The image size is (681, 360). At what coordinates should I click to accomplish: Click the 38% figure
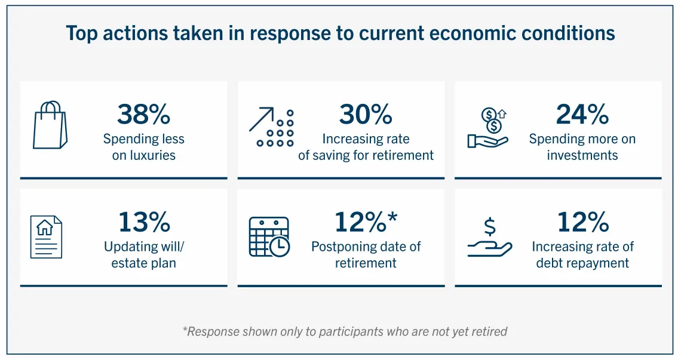click(x=143, y=114)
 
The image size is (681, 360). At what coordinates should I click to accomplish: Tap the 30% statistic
click(x=366, y=114)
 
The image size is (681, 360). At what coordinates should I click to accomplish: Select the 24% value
click(x=582, y=114)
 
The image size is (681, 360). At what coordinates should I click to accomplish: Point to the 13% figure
click(x=143, y=222)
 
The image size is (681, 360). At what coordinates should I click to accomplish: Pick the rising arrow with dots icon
click(x=271, y=128)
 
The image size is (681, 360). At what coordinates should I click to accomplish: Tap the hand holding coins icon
click(x=487, y=128)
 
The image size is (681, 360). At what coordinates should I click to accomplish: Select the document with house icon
click(x=46, y=236)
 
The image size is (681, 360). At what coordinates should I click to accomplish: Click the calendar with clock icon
click(x=269, y=236)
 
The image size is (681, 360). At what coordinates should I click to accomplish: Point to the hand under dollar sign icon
click(x=489, y=238)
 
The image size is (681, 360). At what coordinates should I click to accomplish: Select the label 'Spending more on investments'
click(x=582, y=147)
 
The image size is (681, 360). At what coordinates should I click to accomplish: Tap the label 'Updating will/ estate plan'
click(x=143, y=255)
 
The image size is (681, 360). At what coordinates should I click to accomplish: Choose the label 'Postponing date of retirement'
click(x=366, y=255)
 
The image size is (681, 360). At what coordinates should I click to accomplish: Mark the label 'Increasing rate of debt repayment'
click(x=582, y=255)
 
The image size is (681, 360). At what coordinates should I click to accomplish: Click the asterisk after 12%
click(x=392, y=218)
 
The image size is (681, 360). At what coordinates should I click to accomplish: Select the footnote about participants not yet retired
click(x=345, y=331)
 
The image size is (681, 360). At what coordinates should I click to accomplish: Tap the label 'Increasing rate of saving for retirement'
click(x=366, y=147)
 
